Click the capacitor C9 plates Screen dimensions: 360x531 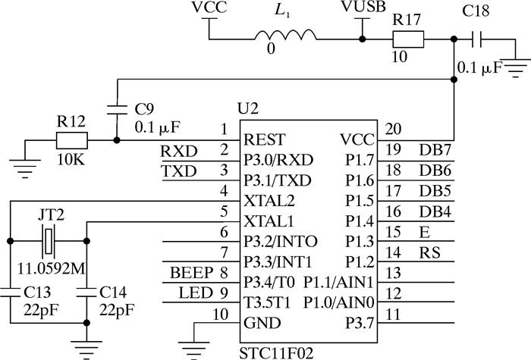pyautogui.click(x=115, y=108)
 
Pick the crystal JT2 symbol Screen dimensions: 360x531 pyautogui.click(x=48, y=242)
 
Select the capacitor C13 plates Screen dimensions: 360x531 pyautogui.click(x=10, y=290)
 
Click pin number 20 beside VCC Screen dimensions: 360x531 pyautogui.click(x=394, y=128)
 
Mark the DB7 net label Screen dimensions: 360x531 pyautogui.click(x=435, y=151)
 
